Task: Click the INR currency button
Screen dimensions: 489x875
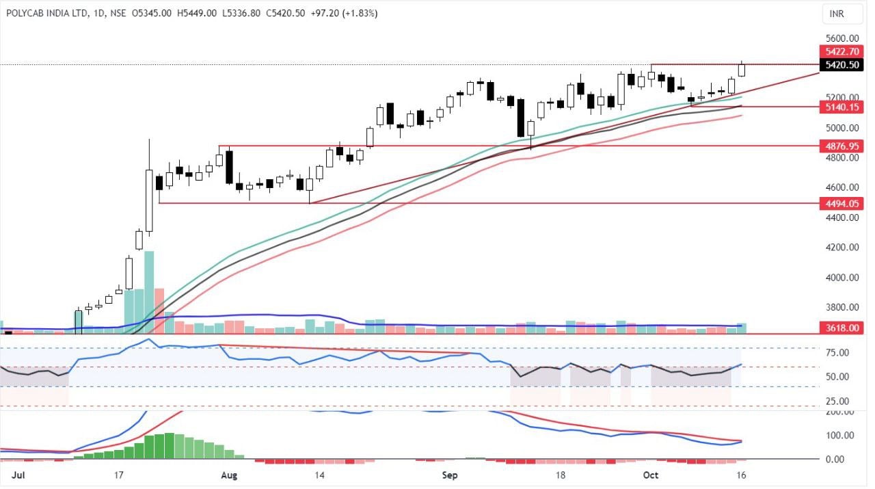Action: pyautogui.click(x=836, y=14)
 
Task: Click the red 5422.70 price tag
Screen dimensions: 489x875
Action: pyautogui.click(x=842, y=51)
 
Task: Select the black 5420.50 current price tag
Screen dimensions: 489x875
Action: pyautogui.click(x=842, y=65)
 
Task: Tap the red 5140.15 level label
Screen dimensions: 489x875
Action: pyautogui.click(x=842, y=107)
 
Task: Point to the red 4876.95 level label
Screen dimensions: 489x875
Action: pyautogui.click(x=842, y=146)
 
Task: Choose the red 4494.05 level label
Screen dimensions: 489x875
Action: pyautogui.click(x=842, y=203)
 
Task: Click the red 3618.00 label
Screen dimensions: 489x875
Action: pyautogui.click(x=842, y=328)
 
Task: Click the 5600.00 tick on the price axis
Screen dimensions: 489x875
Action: pyautogui.click(x=841, y=38)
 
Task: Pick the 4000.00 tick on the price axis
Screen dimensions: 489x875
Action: pyautogui.click(x=841, y=278)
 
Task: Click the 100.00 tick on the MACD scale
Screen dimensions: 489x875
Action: pyautogui.click(x=839, y=436)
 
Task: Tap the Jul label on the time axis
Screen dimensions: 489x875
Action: pyautogui.click(x=9, y=474)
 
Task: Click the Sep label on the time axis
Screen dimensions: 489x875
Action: pyautogui.click(x=449, y=474)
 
